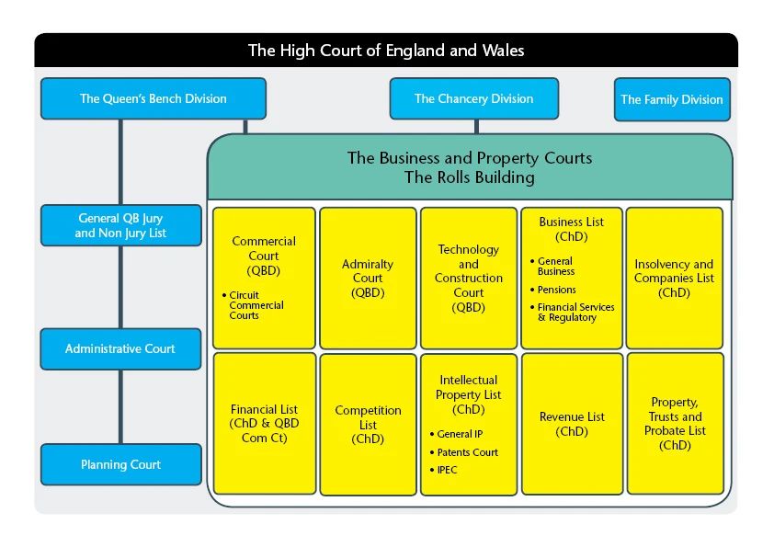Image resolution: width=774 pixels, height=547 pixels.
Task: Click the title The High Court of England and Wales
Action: (x=386, y=51)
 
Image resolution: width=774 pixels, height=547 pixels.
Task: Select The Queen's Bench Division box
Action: (x=154, y=98)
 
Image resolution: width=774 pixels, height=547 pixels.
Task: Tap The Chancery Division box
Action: (x=473, y=98)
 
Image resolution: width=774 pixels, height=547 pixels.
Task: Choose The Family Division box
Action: (x=672, y=99)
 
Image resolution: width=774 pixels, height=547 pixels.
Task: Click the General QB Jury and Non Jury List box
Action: (x=120, y=225)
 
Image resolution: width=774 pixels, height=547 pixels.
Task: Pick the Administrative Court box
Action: (x=120, y=349)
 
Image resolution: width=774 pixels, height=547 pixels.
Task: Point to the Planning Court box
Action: (x=120, y=464)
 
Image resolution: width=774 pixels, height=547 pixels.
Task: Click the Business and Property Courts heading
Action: (x=470, y=167)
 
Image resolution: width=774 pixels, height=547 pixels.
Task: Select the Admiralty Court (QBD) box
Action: (x=368, y=278)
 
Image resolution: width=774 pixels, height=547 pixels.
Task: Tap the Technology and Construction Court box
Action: (x=469, y=278)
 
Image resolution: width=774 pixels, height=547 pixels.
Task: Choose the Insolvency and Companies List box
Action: (x=674, y=278)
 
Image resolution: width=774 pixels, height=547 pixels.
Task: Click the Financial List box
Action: (x=265, y=424)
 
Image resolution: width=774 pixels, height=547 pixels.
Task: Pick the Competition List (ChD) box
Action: (x=368, y=424)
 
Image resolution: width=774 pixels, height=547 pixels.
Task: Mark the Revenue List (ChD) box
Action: (x=572, y=424)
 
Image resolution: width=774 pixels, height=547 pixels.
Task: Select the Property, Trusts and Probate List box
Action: (x=675, y=424)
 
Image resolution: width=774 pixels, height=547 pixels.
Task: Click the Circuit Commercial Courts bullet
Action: (x=256, y=305)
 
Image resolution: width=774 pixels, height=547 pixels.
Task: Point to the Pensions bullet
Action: (x=557, y=290)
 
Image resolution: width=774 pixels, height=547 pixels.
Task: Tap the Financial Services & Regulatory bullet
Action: (x=575, y=313)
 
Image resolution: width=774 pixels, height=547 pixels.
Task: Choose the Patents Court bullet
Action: (x=467, y=452)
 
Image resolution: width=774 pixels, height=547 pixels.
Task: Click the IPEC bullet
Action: (x=448, y=470)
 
